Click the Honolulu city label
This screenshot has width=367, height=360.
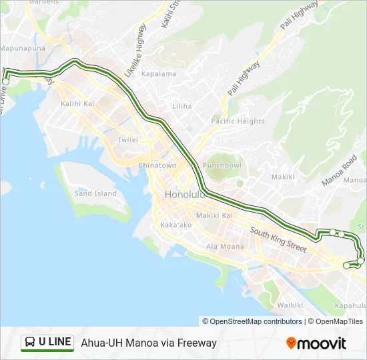(x=186, y=194)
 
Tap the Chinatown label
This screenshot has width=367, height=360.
(x=157, y=165)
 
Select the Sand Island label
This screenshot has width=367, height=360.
(x=95, y=193)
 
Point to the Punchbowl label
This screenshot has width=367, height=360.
(x=222, y=165)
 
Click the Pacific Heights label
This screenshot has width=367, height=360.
(x=238, y=121)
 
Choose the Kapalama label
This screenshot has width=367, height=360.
(x=159, y=74)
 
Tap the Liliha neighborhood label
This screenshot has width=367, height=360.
(x=181, y=106)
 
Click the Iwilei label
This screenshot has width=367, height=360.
(x=128, y=140)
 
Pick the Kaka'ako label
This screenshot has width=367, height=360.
(x=176, y=225)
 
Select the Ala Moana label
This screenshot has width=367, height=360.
(x=225, y=247)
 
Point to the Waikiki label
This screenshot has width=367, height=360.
(x=290, y=305)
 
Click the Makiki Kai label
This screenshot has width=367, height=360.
(x=214, y=215)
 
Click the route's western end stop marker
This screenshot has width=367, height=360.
(x=5, y=81)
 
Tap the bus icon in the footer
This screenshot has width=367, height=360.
(x=29, y=343)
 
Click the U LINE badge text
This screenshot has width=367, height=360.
(x=55, y=342)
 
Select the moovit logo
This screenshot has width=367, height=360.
(x=316, y=343)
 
